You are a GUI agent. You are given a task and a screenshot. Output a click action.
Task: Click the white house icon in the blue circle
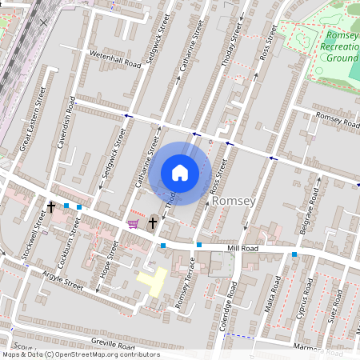[180, 173]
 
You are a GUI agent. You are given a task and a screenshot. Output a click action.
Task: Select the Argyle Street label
[63, 285]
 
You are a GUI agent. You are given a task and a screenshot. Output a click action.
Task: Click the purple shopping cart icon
[133, 224]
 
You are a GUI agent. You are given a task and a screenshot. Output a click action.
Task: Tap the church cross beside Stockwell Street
[52, 206]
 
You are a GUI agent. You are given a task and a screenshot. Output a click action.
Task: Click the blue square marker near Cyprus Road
[294, 254]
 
